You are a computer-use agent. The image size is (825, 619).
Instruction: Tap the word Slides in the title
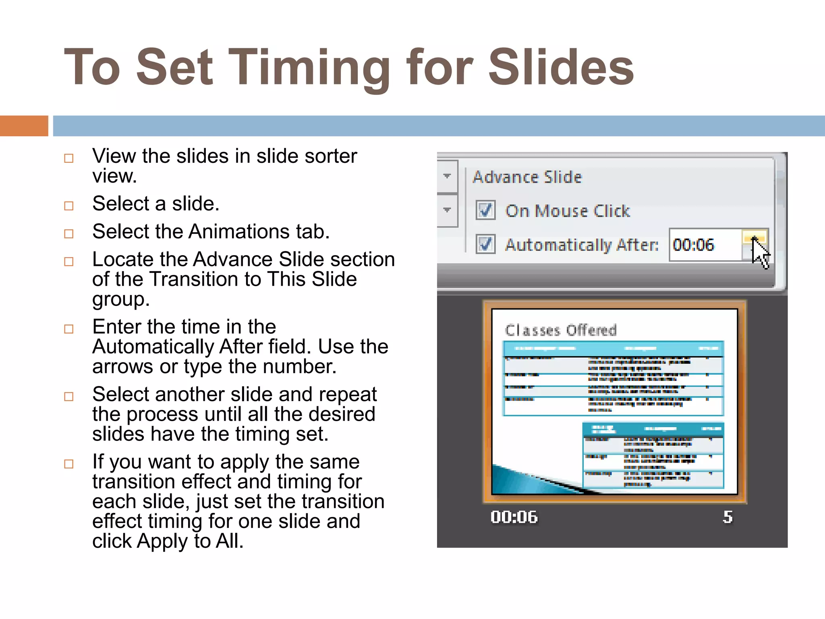click(561, 68)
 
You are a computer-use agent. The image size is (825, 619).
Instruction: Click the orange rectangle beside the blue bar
click(24, 126)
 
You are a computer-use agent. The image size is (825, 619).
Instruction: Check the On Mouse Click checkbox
click(485, 210)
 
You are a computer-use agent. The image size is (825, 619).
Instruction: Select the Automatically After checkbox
click(485, 244)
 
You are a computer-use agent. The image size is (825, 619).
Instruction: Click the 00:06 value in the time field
click(693, 245)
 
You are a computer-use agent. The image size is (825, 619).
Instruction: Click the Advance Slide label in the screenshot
click(527, 177)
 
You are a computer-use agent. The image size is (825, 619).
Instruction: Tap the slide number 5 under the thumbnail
click(728, 517)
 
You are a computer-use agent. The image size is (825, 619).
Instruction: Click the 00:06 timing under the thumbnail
click(514, 517)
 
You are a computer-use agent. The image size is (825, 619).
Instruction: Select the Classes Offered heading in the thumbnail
click(561, 330)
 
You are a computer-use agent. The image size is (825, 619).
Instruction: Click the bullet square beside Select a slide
click(69, 206)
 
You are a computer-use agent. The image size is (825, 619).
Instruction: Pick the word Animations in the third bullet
click(239, 232)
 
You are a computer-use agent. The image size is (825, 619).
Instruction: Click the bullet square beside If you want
click(69, 464)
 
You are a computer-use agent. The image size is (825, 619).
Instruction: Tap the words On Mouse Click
click(568, 211)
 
